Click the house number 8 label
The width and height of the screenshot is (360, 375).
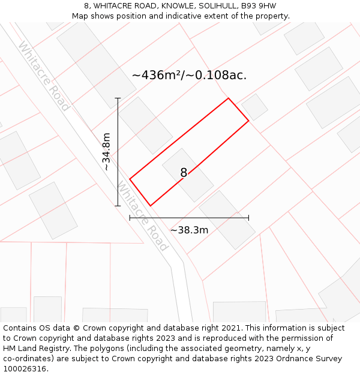point(184,173)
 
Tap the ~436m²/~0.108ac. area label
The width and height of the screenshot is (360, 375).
point(189,75)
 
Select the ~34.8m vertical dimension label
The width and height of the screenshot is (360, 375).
point(106,152)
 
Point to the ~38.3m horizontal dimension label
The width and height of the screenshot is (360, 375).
point(189,230)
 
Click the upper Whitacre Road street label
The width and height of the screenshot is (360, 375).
point(43,76)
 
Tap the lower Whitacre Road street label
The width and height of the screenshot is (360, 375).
point(143,217)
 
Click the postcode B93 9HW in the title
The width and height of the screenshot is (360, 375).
point(256,6)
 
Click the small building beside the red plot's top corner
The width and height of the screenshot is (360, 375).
point(255,107)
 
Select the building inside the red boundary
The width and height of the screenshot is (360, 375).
point(188,175)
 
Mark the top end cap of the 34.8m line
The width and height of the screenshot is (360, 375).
point(118,98)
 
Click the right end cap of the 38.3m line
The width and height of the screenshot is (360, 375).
point(248,218)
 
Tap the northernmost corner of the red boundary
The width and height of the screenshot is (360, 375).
point(228,98)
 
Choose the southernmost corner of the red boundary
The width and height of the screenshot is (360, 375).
point(151,206)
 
